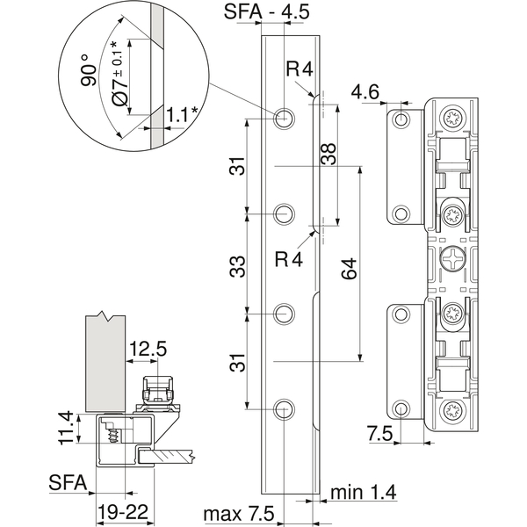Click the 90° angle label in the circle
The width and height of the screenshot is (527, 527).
89,70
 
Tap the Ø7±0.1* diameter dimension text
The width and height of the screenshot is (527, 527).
119,73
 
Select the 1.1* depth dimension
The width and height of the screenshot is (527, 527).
182,115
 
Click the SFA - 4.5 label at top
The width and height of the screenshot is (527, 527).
266,12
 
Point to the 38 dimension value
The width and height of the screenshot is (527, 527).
328,154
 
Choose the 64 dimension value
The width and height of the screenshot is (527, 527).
349,269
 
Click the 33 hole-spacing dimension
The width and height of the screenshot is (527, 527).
238,266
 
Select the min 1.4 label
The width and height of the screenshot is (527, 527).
364,492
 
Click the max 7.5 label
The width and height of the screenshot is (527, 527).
239,514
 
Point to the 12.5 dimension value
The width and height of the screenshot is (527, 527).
148,349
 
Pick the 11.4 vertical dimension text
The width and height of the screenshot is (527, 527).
66,428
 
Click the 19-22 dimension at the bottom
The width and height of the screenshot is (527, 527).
123,513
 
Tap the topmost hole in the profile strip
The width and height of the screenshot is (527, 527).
284,119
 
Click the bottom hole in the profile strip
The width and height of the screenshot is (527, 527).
284,409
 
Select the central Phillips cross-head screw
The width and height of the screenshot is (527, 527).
451,259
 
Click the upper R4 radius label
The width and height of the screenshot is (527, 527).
300,69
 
